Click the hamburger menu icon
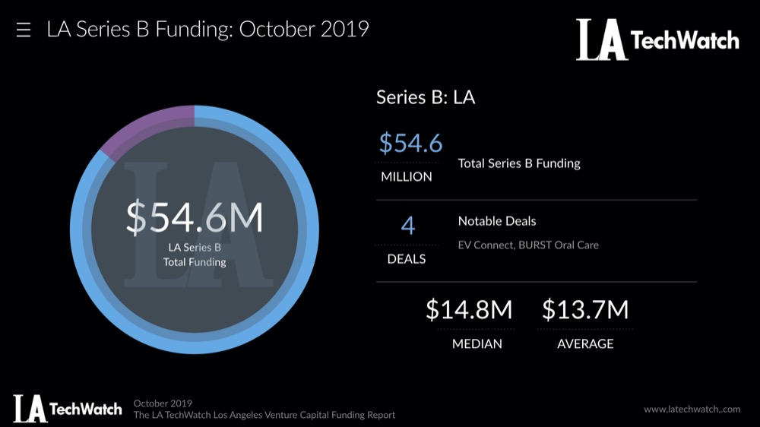[x=24, y=30]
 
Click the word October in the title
[x=276, y=30]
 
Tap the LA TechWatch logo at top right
[x=657, y=40]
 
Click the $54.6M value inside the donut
[x=195, y=218]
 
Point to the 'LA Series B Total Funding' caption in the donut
[x=195, y=255]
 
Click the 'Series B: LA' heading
[x=426, y=97]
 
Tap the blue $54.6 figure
[x=410, y=143]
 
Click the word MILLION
[x=407, y=176]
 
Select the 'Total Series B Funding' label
[x=519, y=163]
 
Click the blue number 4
[x=408, y=226]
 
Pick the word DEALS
[x=407, y=259]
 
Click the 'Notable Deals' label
[x=497, y=221]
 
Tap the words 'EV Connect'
[x=487, y=245]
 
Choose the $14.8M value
[x=469, y=310]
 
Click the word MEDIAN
[x=477, y=343]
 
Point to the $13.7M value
[x=585, y=310]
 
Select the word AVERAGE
[x=585, y=343]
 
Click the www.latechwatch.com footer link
[x=692, y=409]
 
